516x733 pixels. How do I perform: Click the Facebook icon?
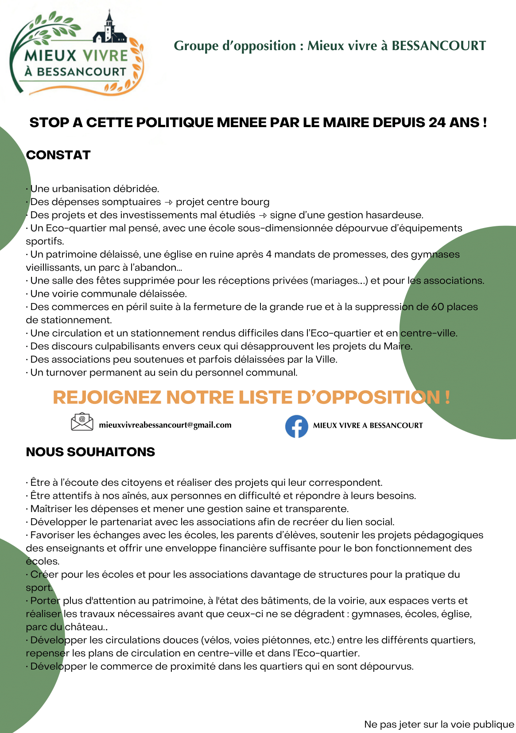coord(296,426)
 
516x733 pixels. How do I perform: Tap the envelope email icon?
coord(82,422)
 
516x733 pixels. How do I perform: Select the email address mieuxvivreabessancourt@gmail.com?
coord(165,425)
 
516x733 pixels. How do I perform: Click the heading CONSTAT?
coord(58,155)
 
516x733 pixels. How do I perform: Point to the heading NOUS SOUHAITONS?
coord(90,452)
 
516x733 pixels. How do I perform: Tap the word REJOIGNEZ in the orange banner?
coord(107,397)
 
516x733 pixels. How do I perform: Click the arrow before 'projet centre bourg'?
coord(168,202)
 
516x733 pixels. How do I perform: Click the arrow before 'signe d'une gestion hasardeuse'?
coord(263,216)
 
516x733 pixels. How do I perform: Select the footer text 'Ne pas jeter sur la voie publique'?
coord(439,724)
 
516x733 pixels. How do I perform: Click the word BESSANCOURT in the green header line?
coord(438,46)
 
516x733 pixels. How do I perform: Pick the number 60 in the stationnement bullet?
coord(438,307)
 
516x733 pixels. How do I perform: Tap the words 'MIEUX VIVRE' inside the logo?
coord(76,56)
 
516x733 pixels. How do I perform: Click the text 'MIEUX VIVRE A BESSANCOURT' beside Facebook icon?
coord(368,426)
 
